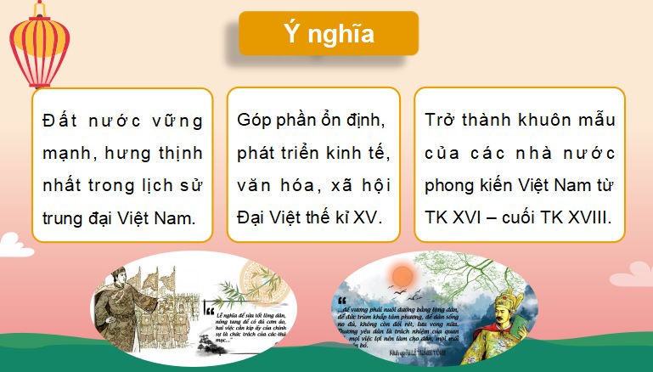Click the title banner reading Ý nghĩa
pyautogui.click(x=329, y=34)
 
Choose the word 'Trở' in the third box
pyautogui.click(x=442, y=121)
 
